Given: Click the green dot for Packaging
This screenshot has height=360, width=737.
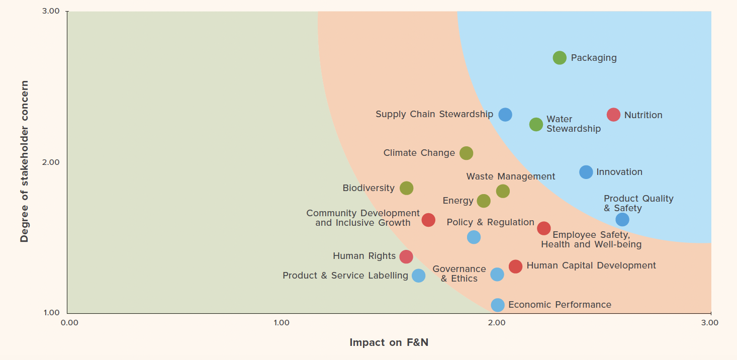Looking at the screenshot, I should [560, 58].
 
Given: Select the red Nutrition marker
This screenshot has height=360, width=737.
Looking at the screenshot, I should [613, 115].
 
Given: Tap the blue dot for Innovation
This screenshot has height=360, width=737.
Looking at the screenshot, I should [586, 172].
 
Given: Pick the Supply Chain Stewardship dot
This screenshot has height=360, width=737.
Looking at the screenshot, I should [505, 115].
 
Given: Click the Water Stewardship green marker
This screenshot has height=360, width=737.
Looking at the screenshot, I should [536, 124].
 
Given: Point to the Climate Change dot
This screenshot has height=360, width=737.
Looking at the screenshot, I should [467, 153].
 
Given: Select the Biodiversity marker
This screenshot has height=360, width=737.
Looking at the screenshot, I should [406, 188].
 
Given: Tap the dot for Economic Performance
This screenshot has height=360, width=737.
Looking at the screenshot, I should [497, 305].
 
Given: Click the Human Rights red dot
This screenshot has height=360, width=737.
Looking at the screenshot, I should [406, 256].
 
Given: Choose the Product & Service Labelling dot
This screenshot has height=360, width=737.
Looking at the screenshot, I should [418, 276].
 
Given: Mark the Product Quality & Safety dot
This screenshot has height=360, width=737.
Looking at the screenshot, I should [622, 220].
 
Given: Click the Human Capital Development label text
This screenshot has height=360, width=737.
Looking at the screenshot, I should [591, 265].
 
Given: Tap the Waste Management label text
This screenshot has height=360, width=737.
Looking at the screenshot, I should [511, 176].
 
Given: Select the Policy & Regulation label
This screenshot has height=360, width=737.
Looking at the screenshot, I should [490, 222].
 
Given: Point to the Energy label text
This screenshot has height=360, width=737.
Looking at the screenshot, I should [458, 201].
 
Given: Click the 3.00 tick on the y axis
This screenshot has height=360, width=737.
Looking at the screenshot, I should [50, 11].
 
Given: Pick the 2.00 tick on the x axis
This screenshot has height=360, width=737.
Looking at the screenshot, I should [497, 322].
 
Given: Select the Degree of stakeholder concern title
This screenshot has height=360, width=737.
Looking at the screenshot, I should [24, 161].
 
